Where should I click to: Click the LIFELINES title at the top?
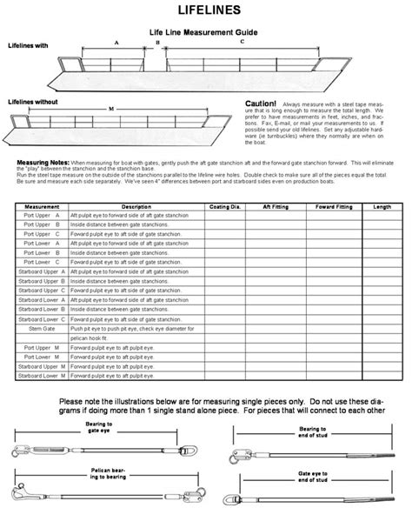coord(206,10)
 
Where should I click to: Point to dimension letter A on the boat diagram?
coord(116,43)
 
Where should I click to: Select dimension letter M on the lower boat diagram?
coord(110,108)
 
